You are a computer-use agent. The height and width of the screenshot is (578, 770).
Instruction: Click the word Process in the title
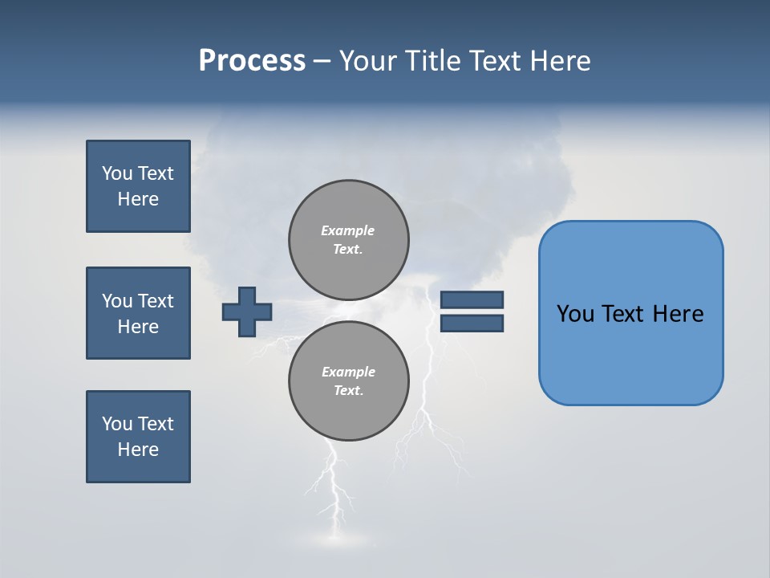click(x=252, y=61)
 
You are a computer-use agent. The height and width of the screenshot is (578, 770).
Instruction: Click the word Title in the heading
click(x=433, y=61)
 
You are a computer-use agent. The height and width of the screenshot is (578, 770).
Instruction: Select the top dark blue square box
click(x=138, y=186)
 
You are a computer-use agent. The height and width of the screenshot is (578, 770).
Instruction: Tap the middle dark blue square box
click(x=138, y=313)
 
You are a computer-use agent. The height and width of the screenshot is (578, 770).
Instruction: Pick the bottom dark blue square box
click(x=138, y=437)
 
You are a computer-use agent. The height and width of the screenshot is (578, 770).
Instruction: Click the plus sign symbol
click(x=247, y=311)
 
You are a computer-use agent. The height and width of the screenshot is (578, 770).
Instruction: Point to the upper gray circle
click(x=348, y=240)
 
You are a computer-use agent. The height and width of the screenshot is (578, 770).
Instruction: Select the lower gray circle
click(x=348, y=381)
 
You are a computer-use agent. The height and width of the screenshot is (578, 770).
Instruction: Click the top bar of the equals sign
click(x=472, y=299)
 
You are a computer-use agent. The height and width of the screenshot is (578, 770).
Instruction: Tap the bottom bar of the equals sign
click(x=472, y=324)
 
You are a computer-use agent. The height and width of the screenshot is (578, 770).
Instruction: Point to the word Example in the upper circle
click(x=348, y=230)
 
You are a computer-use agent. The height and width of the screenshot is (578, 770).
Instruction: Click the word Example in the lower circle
click(x=348, y=372)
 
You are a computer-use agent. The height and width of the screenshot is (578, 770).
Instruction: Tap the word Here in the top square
click(x=138, y=199)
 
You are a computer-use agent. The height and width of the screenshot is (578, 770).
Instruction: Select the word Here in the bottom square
click(x=138, y=450)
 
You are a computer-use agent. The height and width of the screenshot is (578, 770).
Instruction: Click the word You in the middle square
click(x=116, y=301)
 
